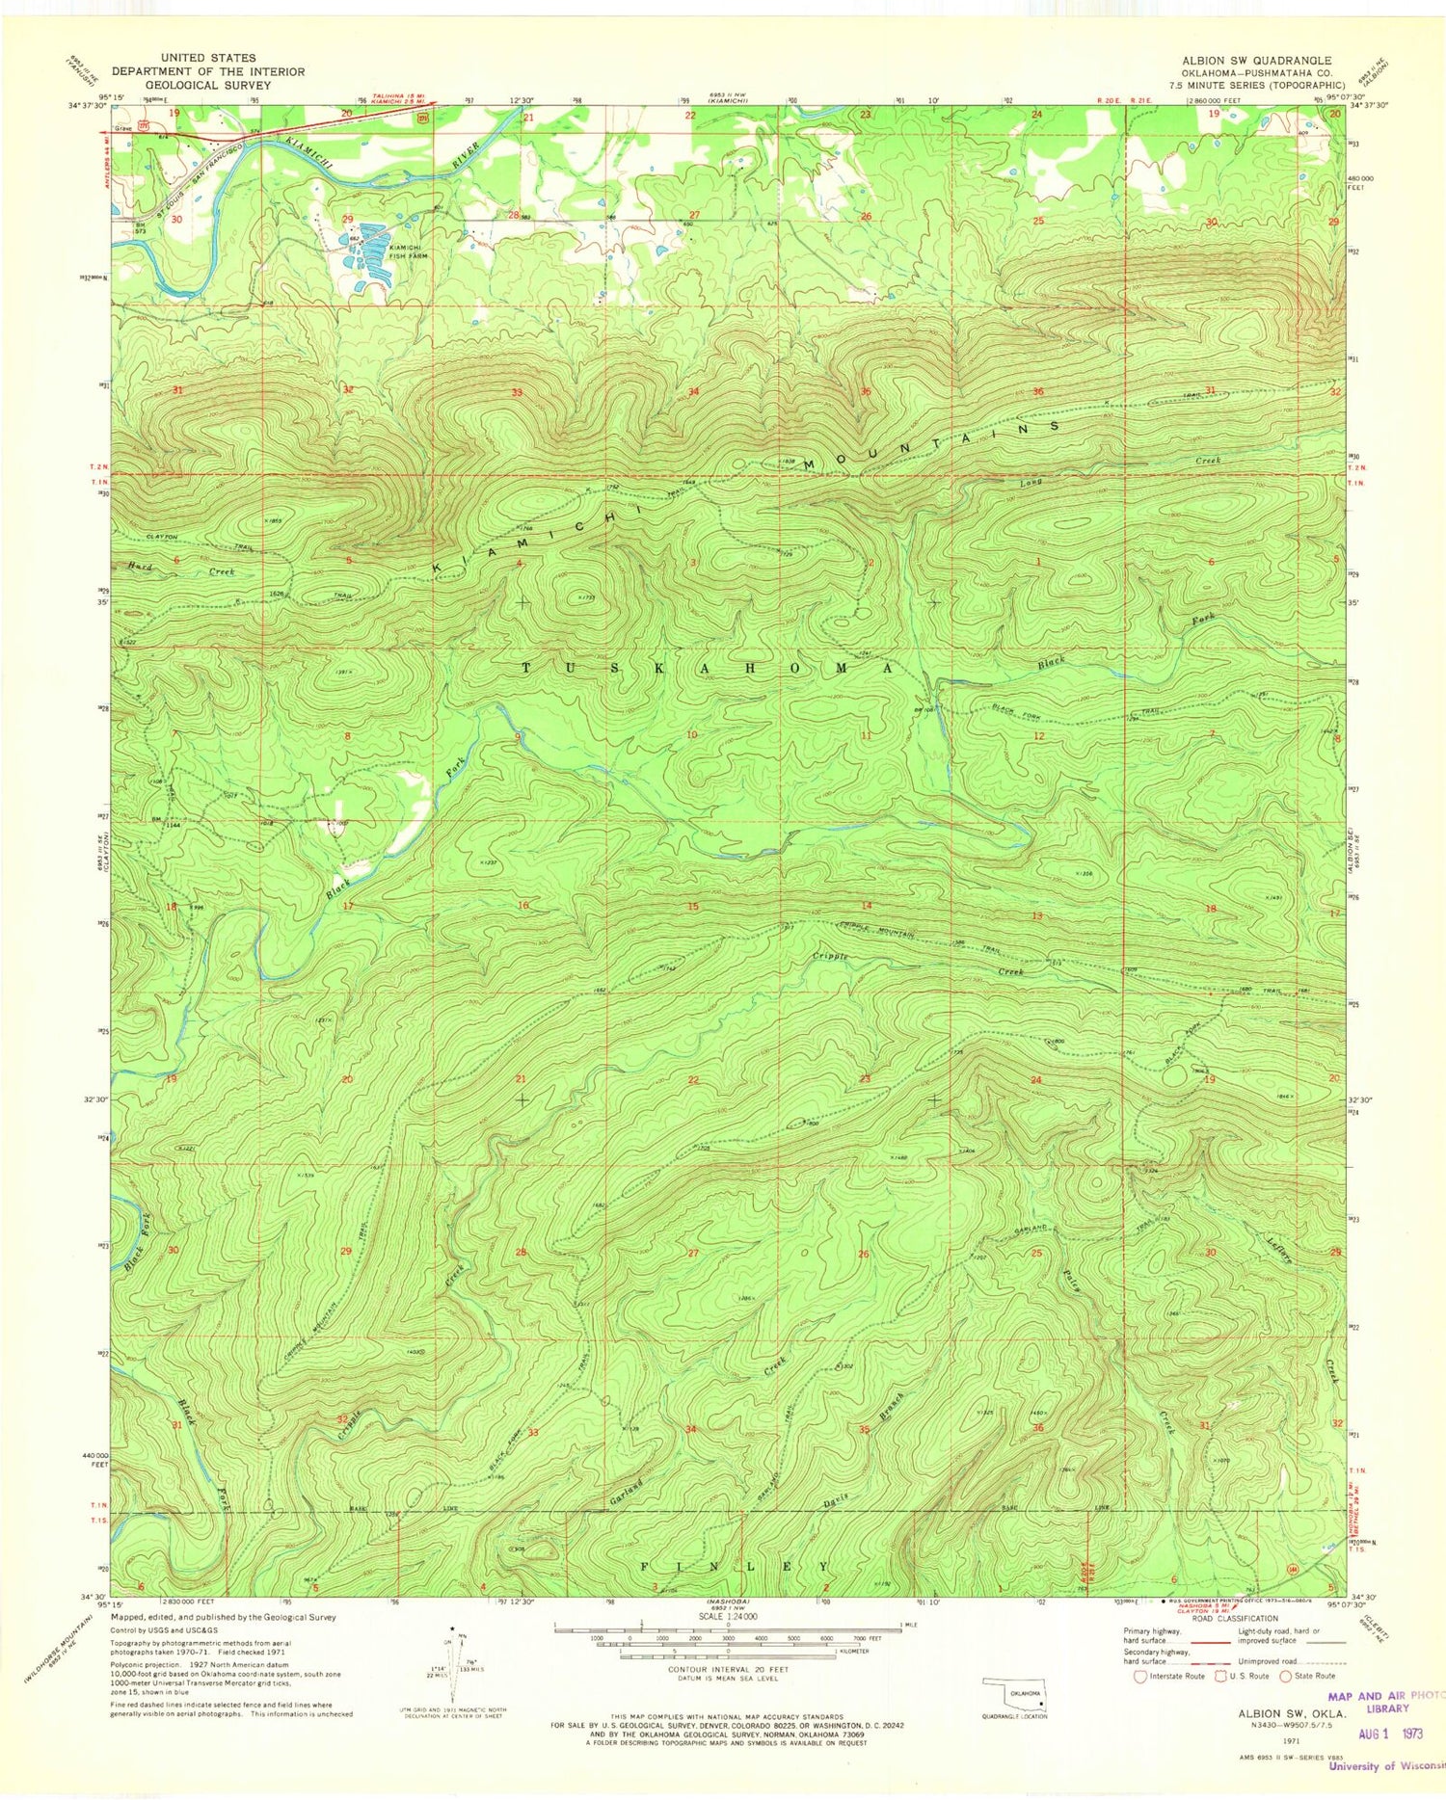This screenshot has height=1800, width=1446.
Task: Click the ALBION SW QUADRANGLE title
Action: point(1256,61)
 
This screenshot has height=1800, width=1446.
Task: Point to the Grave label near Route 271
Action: point(122,127)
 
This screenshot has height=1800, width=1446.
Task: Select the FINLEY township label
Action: point(735,1567)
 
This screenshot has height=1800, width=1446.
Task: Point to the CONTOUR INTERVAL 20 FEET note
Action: point(729,1669)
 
